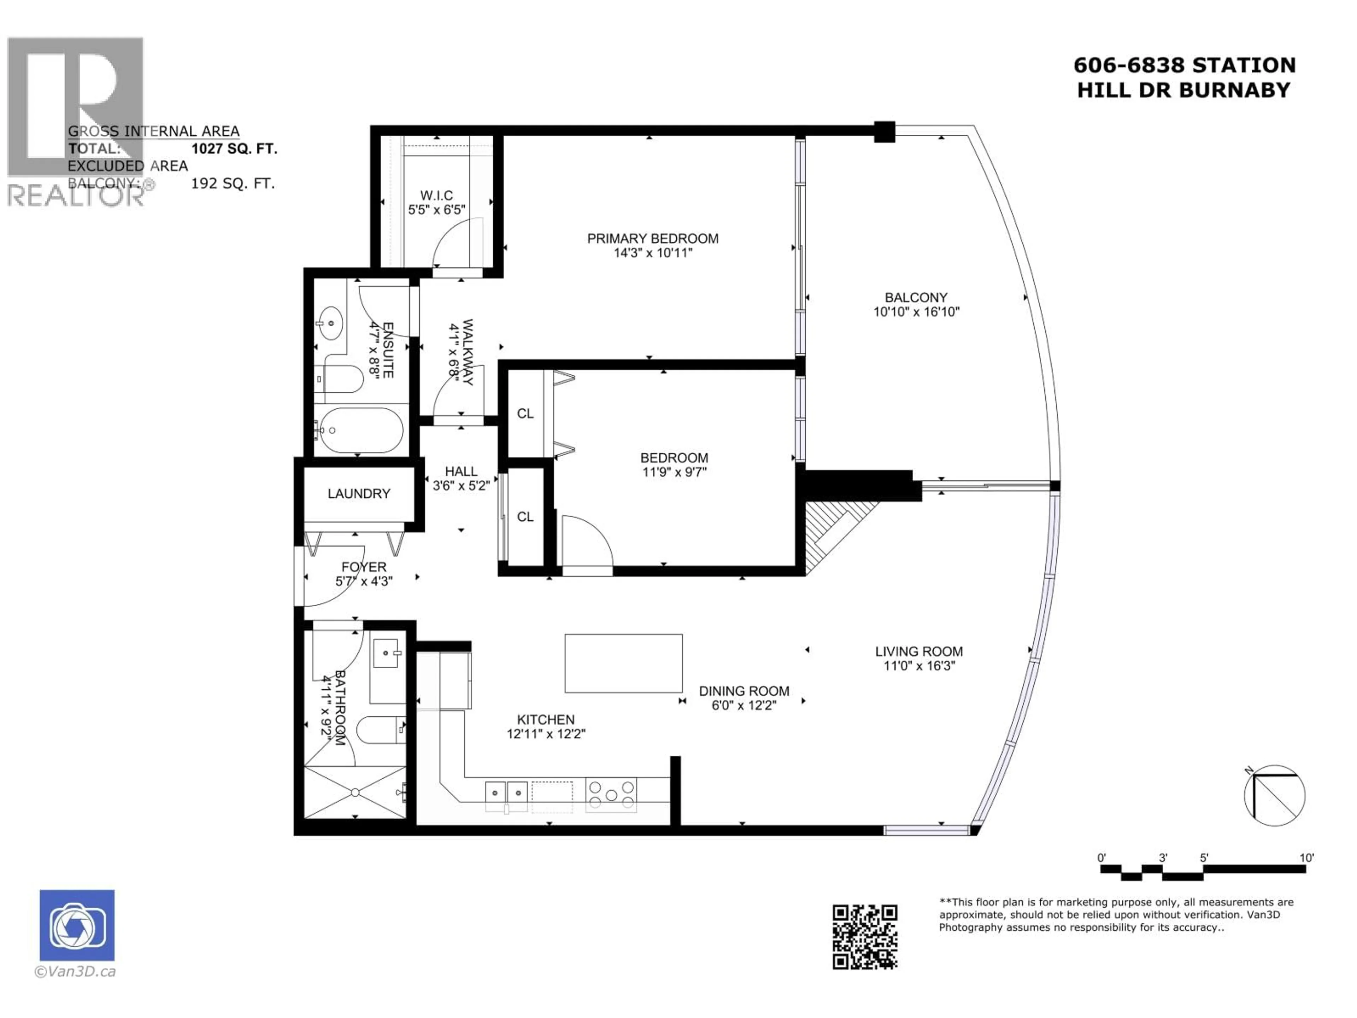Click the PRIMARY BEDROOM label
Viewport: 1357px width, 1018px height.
tap(653, 239)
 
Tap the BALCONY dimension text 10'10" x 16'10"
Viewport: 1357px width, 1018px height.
tap(916, 312)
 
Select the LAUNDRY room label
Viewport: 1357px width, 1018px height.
tap(359, 494)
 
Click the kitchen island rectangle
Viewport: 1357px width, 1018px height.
tap(623, 664)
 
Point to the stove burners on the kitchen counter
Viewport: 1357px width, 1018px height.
tap(611, 795)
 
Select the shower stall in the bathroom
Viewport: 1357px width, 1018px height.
tap(355, 792)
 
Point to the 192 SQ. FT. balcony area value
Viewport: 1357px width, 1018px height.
tap(233, 183)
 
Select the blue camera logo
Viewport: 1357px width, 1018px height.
tap(77, 925)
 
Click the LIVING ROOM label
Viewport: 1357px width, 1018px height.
tap(918, 652)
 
